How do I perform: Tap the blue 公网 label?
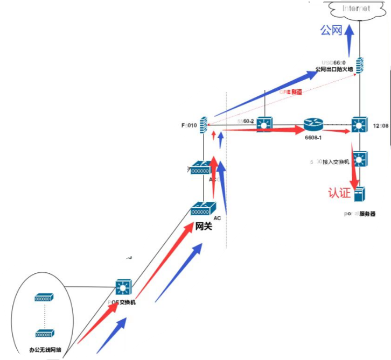331,30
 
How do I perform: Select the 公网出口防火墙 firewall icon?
359,65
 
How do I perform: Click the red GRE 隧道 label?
291,92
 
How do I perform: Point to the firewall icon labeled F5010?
204,125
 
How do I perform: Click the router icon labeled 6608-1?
312,125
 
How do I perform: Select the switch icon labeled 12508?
359,125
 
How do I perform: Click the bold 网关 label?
204,226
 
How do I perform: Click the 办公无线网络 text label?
45,350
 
